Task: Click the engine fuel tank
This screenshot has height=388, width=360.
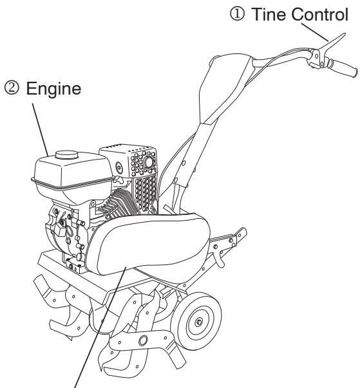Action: (64, 171)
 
